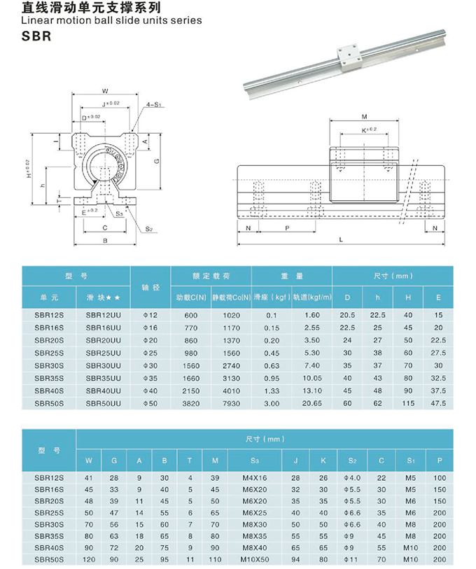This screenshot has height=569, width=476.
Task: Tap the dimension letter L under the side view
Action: (340, 239)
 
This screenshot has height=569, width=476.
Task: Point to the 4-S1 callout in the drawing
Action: (154, 104)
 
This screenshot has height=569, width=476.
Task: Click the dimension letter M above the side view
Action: (365, 116)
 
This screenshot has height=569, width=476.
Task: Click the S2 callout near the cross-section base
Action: (149, 229)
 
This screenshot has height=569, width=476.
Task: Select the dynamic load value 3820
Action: (192, 403)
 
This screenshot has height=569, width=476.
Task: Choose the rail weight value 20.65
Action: (311, 403)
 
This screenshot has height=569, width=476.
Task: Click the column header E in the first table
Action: (439, 297)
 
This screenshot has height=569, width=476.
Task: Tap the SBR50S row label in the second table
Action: (49, 560)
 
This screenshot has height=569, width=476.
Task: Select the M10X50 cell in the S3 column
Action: (255, 560)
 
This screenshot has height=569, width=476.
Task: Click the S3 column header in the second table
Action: (255, 460)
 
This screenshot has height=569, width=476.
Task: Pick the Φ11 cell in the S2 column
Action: (352, 560)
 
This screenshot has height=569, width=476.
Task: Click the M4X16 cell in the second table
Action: (255, 477)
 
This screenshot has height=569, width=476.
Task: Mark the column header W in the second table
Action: (89, 460)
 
